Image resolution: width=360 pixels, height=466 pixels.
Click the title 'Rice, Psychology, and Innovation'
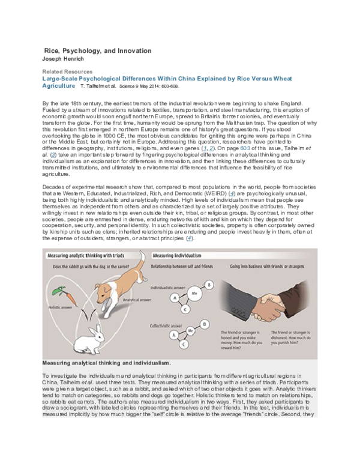99,51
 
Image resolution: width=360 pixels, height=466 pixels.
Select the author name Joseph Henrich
65,59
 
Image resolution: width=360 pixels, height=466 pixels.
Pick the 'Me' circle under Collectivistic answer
191,331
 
